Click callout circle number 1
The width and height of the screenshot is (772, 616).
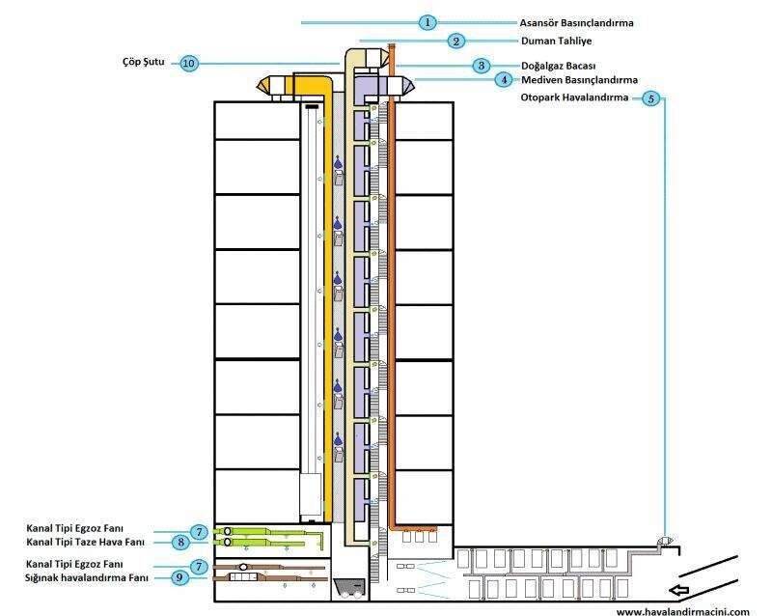point(427,22)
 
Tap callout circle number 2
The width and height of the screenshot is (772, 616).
point(455,41)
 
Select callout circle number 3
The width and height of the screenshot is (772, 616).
point(481,66)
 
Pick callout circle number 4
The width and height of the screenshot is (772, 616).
point(504,79)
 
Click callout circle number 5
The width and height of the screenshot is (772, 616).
point(650,98)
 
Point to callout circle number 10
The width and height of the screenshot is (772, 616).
point(188,64)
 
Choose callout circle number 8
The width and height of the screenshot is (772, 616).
point(181,542)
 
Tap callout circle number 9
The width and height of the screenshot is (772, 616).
point(179,577)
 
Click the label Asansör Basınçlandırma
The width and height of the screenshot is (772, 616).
point(576,23)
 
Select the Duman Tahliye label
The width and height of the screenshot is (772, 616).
point(557,41)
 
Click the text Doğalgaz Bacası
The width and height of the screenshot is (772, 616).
point(559,66)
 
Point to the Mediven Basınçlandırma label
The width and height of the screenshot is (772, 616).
point(580,80)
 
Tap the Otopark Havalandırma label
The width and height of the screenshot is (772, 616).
point(574,98)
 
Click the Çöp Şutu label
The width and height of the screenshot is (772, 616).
point(144,62)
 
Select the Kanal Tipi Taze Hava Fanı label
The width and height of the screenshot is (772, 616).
point(86,542)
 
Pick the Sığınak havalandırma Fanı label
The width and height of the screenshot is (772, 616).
point(87,578)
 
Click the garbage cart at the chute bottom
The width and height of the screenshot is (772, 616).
point(349,588)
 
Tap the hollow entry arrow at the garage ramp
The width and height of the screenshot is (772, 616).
point(679,590)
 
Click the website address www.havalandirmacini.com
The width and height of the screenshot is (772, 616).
point(683,611)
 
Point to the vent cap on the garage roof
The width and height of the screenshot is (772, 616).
point(665,541)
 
